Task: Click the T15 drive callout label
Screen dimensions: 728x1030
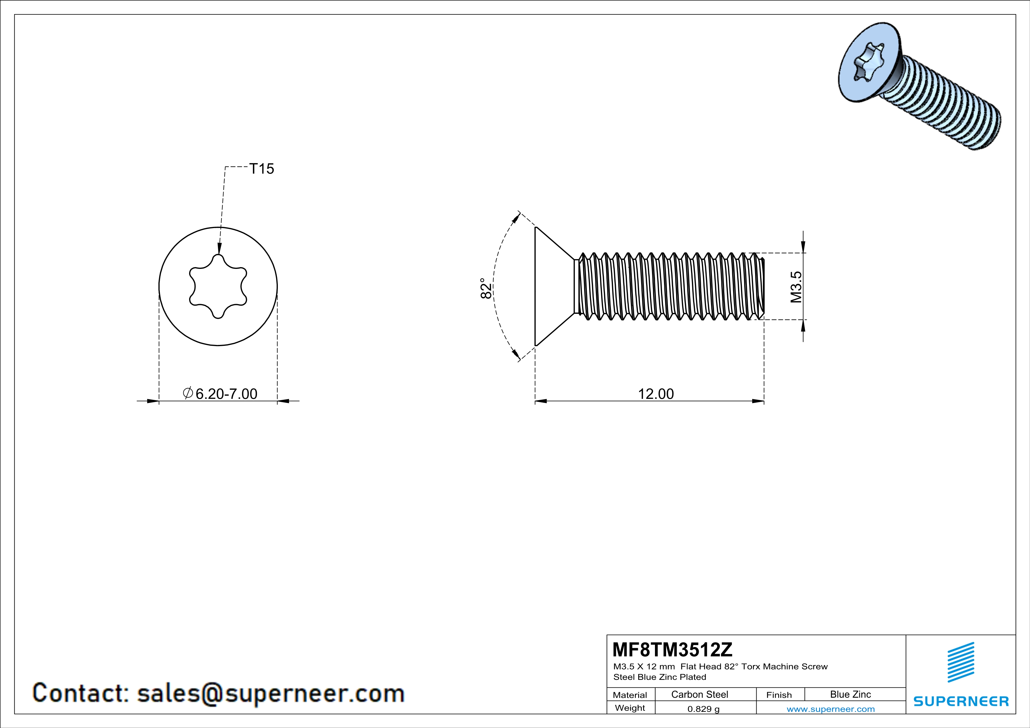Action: tap(261, 169)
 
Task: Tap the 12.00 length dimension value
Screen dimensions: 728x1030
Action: tap(656, 394)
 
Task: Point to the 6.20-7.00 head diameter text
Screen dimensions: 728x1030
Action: tap(226, 394)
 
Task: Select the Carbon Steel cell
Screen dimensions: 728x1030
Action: tap(699, 694)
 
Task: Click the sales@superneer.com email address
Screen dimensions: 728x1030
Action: tap(270, 693)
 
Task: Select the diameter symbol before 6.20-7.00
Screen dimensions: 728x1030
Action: tap(188, 393)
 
